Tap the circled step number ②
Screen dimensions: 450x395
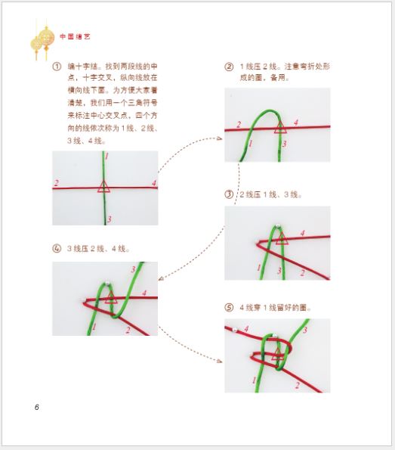(x=229, y=67)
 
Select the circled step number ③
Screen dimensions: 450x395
(x=229, y=194)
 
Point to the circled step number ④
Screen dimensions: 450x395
(x=57, y=248)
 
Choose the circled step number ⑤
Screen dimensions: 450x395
(x=229, y=308)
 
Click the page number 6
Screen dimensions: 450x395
(x=36, y=407)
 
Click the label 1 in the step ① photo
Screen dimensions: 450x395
(x=107, y=157)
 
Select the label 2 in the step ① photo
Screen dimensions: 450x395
(x=57, y=183)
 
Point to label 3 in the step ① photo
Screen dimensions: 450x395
(x=109, y=219)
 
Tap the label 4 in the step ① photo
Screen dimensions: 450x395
(x=153, y=183)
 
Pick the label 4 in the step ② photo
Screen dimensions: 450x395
(x=295, y=121)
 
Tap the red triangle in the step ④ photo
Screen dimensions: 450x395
(x=111, y=296)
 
